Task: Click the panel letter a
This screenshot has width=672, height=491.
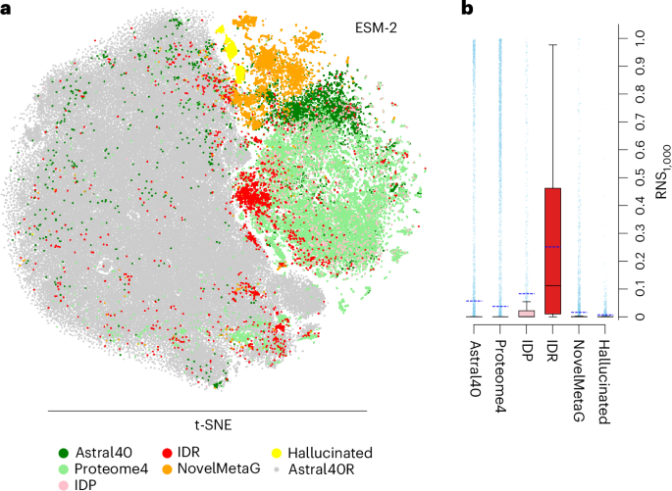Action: (x=9, y=10)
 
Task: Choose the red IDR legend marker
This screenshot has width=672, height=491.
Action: (x=168, y=452)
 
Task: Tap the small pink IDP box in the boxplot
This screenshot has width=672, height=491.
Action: (x=526, y=313)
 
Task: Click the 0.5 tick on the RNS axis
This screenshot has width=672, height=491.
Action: (x=639, y=179)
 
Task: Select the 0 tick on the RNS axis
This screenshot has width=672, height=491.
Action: (x=639, y=318)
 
